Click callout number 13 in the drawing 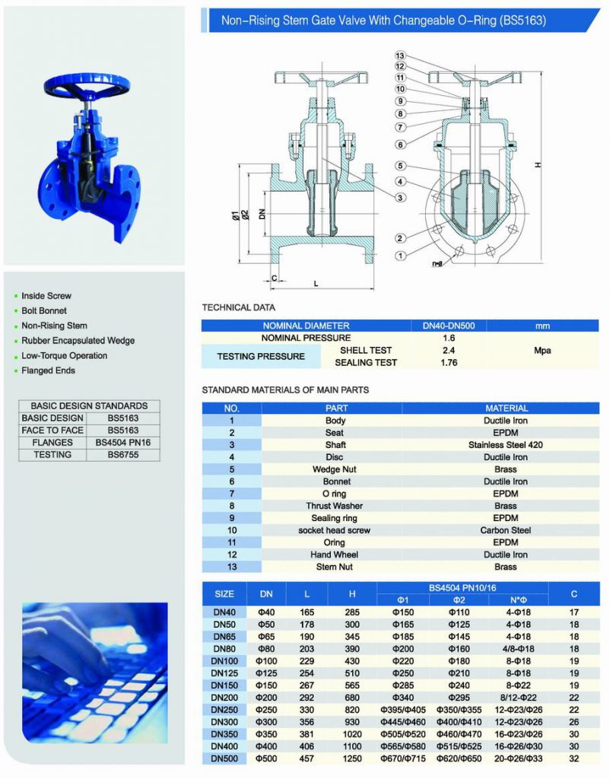400,56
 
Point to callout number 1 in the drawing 400,256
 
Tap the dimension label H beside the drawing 538,164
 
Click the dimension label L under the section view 316,284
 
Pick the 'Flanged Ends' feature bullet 48,370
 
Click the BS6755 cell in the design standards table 122,455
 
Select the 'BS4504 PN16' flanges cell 122,443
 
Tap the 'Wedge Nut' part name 335,469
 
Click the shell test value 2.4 448,351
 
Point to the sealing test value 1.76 448,363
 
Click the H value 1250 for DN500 352,758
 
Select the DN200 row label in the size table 224,698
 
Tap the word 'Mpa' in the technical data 542,351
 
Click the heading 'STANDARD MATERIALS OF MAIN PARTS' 284,390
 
